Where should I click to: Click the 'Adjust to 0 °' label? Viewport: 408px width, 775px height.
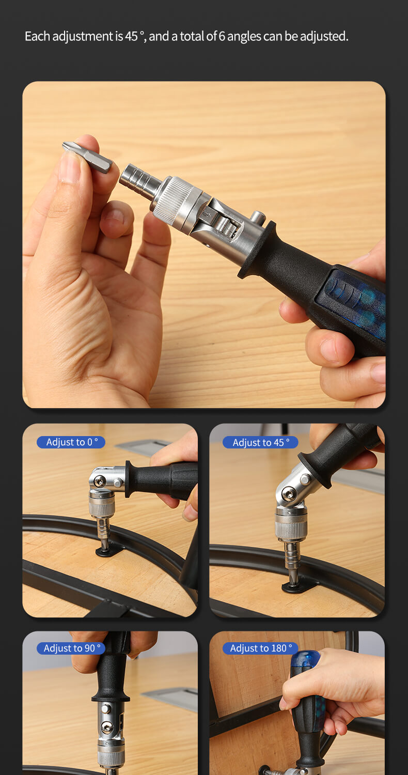pos(71,442)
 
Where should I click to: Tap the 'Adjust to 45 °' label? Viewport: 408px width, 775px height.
pos(260,442)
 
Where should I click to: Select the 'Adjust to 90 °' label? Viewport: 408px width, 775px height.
pos(71,648)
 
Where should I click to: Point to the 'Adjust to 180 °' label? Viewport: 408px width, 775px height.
pos(260,648)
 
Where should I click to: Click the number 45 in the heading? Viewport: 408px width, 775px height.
pos(131,36)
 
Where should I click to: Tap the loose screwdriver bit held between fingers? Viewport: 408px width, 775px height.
pos(87,157)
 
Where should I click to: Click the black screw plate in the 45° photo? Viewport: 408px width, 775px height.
pos(299,586)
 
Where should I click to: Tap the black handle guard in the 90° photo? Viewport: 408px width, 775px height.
pos(111,695)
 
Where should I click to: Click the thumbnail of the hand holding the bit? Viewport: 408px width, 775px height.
pos(204,244)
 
